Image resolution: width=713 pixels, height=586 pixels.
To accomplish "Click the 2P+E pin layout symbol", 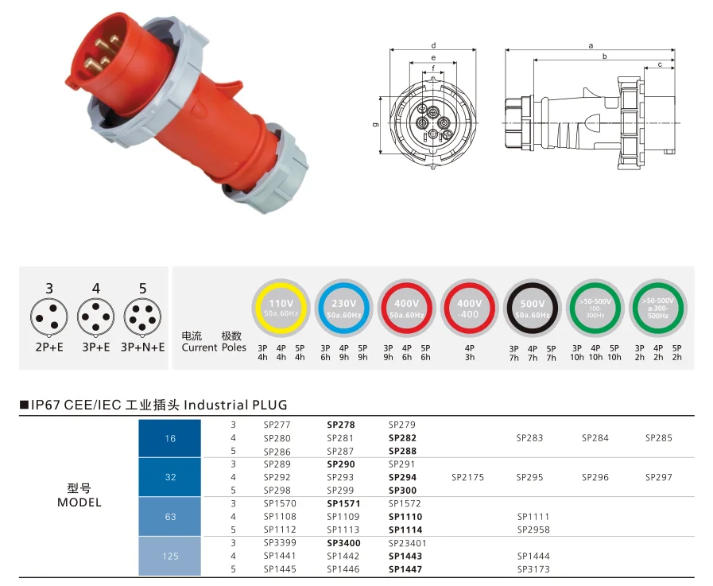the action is pos(49,316).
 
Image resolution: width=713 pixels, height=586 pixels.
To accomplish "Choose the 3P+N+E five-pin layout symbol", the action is pos(142,316).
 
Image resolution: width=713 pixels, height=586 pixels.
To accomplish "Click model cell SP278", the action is pos(340,425).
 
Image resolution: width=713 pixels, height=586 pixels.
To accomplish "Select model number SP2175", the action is pos(467,477).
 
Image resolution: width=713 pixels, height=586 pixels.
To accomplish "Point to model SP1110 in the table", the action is pos(405,517).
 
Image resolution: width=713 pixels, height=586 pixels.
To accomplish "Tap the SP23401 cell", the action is pos(408,543).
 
